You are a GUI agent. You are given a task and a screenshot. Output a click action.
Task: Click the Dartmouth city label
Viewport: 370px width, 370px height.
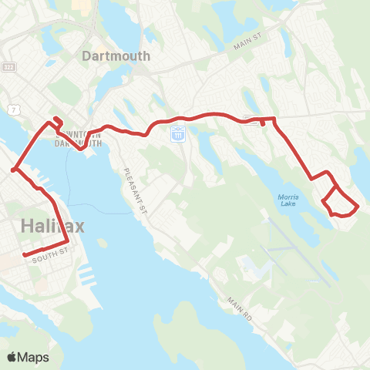[x=116, y=56]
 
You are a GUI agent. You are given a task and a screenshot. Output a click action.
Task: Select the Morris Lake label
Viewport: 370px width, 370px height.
[x=287, y=200]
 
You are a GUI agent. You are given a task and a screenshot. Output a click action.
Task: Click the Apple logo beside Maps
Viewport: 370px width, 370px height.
[x=12, y=357]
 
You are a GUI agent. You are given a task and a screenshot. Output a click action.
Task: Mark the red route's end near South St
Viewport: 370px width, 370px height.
[x=25, y=255]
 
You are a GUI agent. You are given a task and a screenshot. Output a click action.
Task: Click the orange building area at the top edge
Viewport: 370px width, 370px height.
[x=81, y=5]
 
